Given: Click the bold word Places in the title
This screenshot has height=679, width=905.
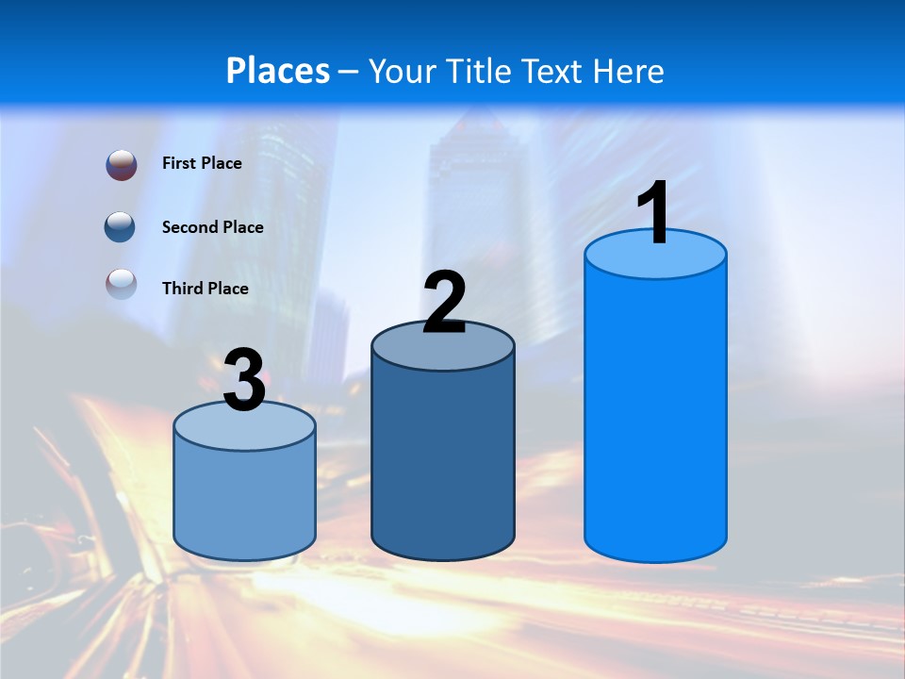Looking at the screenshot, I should (278, 71).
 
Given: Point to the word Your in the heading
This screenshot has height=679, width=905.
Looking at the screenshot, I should (403, 71).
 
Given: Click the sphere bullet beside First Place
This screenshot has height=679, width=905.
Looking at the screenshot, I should (122, 164).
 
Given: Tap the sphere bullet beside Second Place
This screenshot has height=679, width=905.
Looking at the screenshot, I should (122, 227).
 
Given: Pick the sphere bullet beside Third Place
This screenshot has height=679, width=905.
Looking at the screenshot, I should (122, 284).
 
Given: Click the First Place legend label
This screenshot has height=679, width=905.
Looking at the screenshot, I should (202, 163).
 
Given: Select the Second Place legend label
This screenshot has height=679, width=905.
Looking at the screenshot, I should (212, 227).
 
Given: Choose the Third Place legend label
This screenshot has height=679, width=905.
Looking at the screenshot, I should (205, 289).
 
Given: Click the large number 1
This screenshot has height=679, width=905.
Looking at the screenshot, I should (654, 213).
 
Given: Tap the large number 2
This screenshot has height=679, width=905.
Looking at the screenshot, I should (444, 303).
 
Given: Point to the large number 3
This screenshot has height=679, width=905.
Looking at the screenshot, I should (245, 380).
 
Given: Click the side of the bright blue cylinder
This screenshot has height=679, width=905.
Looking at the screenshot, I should (655, 415).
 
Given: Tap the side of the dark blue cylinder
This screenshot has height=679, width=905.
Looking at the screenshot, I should (443, 462).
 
